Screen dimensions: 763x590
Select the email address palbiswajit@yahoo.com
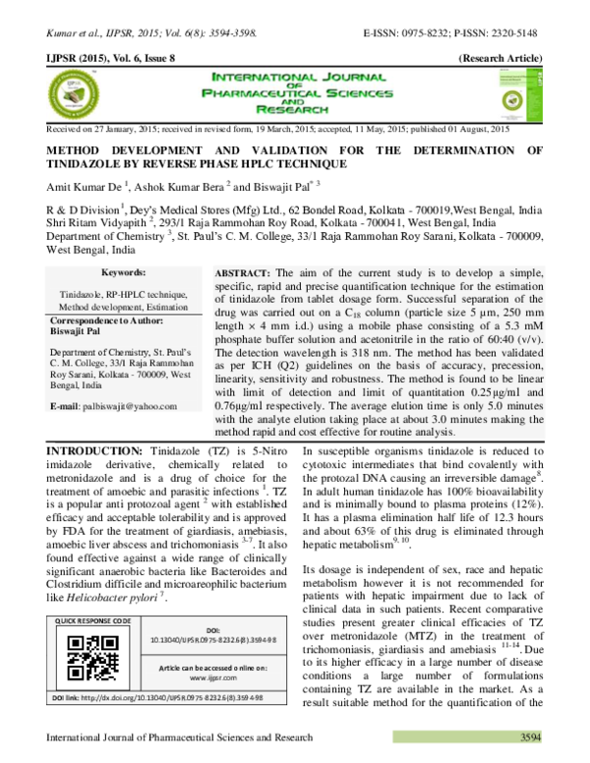(x=110, y=405)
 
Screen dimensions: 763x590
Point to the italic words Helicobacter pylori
(x=97, y=597)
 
